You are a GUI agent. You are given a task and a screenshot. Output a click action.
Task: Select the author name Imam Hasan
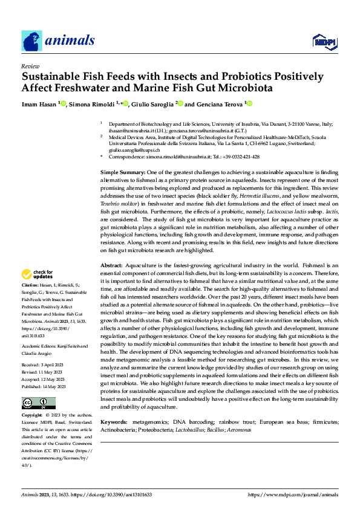coord(39,105)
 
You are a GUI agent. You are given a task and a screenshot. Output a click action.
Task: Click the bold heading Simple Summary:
coord(122,173)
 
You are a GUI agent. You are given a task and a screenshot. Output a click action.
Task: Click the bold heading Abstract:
coord(111,282)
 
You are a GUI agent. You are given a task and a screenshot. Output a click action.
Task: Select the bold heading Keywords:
coord(115,421)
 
